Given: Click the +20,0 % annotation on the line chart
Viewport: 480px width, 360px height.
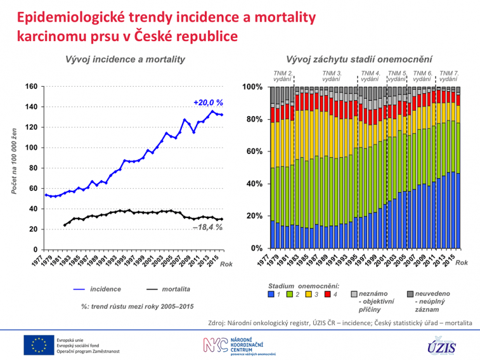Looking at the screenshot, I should click(209, 103).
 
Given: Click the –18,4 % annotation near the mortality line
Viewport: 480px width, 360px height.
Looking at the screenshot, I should click(208, 228).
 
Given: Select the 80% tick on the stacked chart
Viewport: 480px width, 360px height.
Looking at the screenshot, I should click(254, 120).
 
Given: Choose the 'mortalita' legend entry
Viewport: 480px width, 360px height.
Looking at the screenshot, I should click(177, 289).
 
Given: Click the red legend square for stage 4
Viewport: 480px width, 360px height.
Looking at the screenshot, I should click(328, 295).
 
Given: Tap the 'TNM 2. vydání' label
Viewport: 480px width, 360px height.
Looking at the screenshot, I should click(282, 76).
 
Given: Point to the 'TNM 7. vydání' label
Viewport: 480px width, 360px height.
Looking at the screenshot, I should click(449, 76).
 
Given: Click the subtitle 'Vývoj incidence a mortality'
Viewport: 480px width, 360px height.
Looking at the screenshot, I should click(126, 60).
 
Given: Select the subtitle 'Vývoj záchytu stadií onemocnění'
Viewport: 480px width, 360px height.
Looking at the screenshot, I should click(360, 60).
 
